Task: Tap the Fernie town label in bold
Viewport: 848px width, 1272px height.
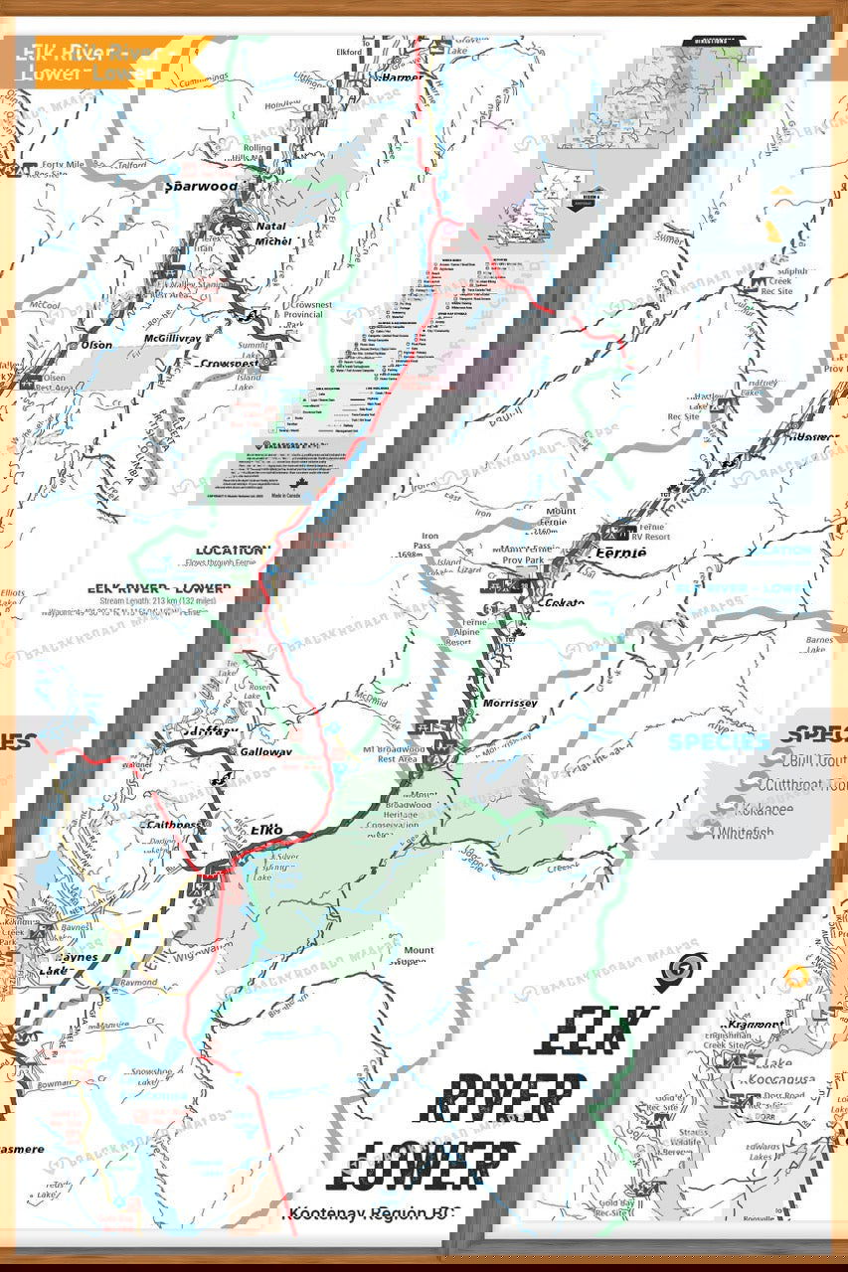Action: [x=620, y=553]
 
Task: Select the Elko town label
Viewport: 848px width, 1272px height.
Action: [x=266, y=830]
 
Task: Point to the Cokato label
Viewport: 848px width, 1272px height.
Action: [x=565, y=602]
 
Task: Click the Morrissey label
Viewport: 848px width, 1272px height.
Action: [x=510, y=703]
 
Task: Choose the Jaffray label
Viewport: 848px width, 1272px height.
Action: [x=209, y=730]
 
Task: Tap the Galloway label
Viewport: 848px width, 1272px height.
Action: [x=266, y=752]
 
